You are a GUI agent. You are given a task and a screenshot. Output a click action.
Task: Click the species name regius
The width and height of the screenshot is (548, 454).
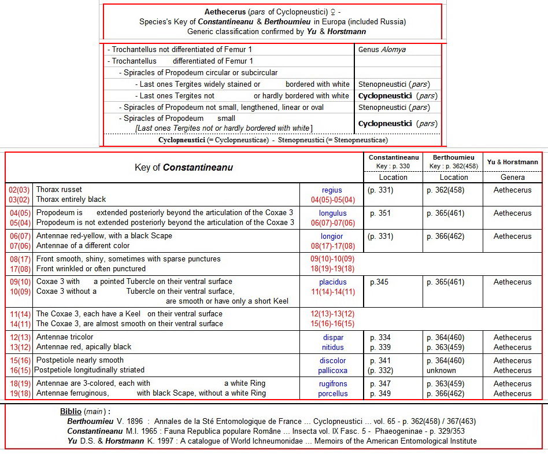pos(332,190)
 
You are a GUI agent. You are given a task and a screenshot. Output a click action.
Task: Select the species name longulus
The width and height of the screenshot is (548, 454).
pos(332,213)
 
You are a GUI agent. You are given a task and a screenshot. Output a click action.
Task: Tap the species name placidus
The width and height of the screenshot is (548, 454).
pos(332,282)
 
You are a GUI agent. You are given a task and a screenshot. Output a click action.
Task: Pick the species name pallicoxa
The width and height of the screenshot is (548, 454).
pos(332,371)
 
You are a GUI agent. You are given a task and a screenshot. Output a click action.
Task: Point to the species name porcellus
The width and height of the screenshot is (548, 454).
pos(332,394)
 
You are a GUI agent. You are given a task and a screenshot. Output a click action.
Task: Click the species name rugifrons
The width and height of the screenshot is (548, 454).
pos(332,383)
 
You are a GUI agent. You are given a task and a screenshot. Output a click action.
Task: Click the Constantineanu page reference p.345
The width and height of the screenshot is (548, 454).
pos(380,282)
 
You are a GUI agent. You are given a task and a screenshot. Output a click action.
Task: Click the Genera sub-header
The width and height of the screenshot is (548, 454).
pos(512,178)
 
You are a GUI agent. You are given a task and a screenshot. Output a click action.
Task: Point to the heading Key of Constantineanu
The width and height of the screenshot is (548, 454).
pos(184,168)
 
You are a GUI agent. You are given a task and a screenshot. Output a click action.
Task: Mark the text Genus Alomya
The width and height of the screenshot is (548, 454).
pos(382,50)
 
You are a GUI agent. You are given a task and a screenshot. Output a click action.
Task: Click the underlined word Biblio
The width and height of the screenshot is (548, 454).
pos(71,412)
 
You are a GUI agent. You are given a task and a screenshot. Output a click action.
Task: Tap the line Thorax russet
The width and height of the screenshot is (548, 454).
pos(59,190)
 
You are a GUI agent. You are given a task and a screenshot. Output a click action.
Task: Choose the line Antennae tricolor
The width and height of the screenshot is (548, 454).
pos(65,337)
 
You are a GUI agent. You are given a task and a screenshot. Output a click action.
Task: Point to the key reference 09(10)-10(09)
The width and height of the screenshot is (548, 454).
pos(332,259)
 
